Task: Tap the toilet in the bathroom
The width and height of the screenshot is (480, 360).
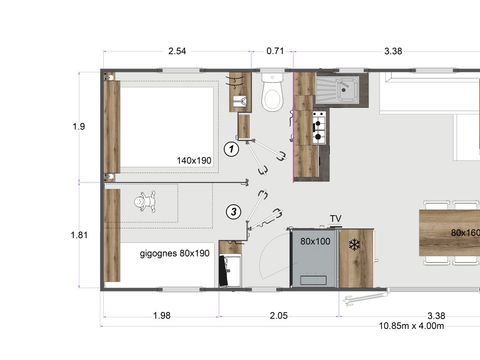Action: (x=271, y=94)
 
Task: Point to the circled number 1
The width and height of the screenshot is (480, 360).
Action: (x=231, y=149)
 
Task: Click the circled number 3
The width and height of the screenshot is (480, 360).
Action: (x=233, y=211)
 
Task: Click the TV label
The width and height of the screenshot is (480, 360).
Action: (x=336, y=218)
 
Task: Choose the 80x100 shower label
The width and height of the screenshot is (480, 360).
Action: (x=315, y=241)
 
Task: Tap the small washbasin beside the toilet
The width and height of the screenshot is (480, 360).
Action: (x=241, y=101)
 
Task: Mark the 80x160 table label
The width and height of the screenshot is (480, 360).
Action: (x=464, y=234)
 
